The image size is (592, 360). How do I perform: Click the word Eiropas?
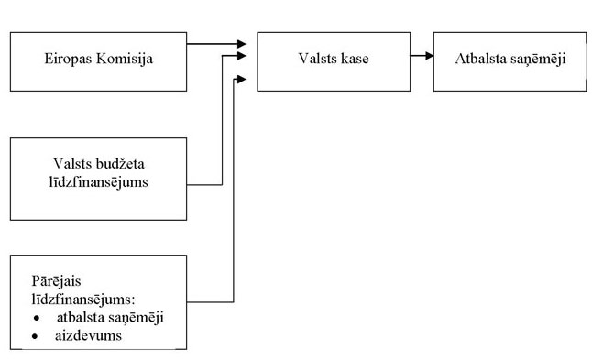click(66, 60)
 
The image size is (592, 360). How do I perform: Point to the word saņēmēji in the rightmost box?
click(535, 60)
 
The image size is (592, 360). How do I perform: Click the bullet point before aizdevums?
click(36, 335)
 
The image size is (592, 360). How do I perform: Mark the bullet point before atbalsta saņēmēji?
click(36, 318)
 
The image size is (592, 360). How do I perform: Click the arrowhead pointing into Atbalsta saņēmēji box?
click(427, 56)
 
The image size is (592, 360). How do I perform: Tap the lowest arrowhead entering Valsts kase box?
click(242, 80)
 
